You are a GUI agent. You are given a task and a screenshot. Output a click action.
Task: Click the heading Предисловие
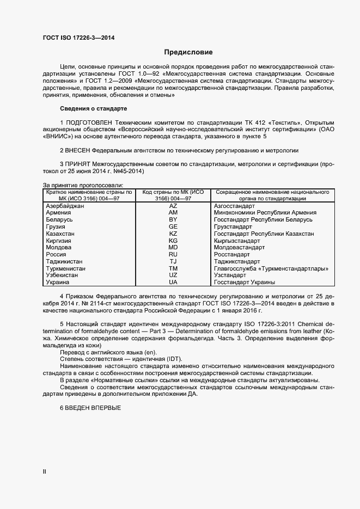[x=188, y=52]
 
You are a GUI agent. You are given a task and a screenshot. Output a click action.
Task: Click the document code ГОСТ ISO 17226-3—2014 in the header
[x=78, y=38]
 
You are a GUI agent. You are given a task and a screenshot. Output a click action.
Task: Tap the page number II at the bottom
[x=45, y=472]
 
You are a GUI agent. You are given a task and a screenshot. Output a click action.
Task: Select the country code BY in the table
[x=173, y=219]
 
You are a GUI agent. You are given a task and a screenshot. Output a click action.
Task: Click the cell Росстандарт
[x=232, y=254]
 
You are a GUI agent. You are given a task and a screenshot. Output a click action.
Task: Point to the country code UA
[x=173, y=282]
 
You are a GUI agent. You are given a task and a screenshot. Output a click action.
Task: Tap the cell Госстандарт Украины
[x=244, y=282]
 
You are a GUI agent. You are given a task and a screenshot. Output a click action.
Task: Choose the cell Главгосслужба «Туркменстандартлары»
[x=271, y=268]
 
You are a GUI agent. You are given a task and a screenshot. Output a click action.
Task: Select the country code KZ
[x=173, y=234]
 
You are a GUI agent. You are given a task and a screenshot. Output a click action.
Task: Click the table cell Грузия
[x=56, y=226]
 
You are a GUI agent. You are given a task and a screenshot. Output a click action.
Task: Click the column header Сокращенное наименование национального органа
[x=272, y=195]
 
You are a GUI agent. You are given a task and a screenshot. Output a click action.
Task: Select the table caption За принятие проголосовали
[x=83, y=186]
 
